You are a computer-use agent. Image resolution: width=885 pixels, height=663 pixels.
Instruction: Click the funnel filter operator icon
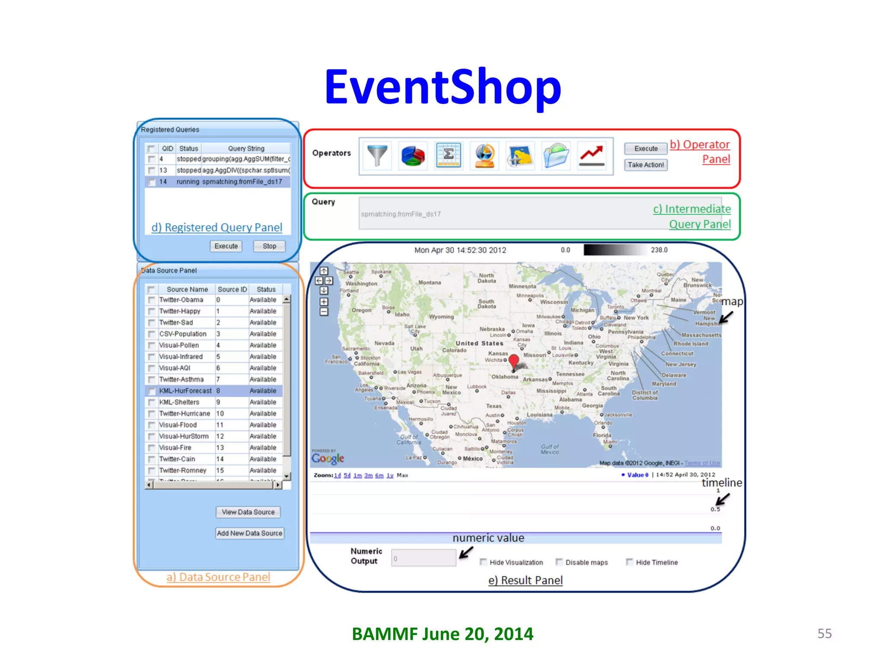[377, 155]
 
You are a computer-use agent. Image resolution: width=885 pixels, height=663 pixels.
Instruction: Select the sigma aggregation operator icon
[449, 155]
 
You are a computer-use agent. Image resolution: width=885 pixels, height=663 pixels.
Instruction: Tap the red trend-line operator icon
[592, 156]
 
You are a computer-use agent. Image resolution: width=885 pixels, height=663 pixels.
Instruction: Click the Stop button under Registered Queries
[269, 246]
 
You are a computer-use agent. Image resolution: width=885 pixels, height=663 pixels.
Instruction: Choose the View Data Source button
[248, 512]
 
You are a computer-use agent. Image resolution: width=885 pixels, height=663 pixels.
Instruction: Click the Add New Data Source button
[249, 533]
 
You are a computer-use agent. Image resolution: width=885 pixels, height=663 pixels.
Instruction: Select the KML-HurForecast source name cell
[185, 391]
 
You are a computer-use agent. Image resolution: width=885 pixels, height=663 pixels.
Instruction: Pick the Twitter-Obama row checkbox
[151, 300]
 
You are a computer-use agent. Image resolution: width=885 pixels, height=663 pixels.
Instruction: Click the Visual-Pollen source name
[179, 345]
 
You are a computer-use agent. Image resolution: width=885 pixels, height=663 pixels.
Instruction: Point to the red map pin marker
[514, 361]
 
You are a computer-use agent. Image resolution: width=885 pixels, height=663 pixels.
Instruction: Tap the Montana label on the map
[430, 282]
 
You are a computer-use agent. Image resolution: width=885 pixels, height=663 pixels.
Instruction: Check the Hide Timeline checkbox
[630, 562]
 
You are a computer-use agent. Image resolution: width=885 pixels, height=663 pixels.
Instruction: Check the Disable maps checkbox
[559, 562]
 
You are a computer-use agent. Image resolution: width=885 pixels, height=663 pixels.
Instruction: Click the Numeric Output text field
[423, 558]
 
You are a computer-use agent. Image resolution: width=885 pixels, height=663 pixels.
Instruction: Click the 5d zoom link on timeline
[347, 475]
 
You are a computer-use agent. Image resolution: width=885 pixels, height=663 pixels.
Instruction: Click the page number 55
[824, 633]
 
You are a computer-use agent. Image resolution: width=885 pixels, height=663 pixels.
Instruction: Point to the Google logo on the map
[328, 458]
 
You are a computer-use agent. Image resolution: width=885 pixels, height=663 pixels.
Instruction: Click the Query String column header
[246, 148]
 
